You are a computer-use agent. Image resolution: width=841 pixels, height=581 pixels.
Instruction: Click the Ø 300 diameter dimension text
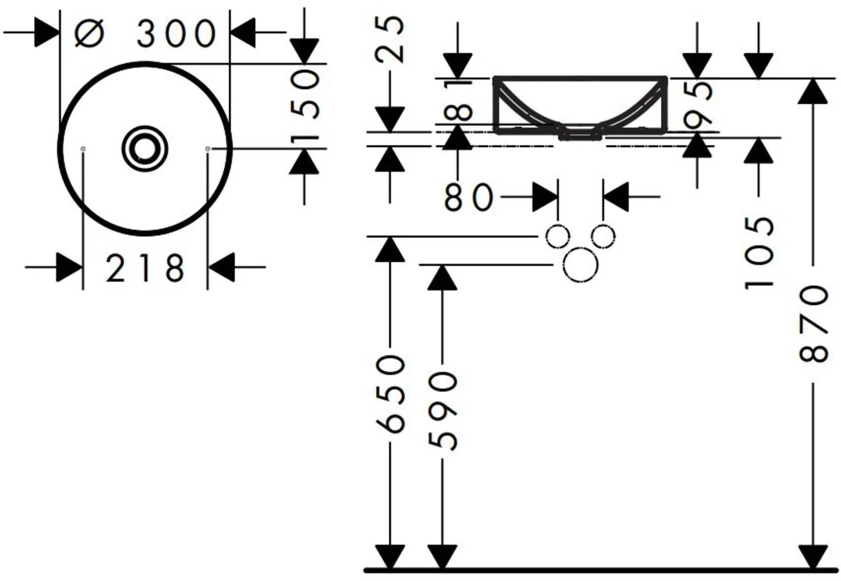[x=145, y=34]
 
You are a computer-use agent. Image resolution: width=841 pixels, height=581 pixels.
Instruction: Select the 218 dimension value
[x=145, y=268]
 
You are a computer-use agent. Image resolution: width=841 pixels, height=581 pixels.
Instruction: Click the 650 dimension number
[x=391, y=394]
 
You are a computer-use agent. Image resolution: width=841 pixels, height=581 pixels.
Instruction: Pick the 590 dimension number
[x=443, y=411]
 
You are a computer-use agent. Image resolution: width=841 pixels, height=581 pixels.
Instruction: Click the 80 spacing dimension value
[x=468, y=197]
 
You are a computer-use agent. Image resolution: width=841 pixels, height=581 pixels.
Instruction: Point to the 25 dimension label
[x=390, y=39]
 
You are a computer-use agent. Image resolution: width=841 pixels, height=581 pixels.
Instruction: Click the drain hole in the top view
[x=145, y=148]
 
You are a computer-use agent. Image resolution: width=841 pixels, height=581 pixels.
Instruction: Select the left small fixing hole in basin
[x=83, y=149]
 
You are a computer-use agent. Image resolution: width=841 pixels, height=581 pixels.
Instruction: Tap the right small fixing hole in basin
[x=207, y=149]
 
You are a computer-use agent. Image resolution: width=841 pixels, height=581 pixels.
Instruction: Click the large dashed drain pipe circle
[x=581, y=265]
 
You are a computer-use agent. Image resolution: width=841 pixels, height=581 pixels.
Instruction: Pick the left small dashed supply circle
[x=558, y=236]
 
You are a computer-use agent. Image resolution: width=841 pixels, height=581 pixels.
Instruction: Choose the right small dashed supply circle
[x=603, y=236]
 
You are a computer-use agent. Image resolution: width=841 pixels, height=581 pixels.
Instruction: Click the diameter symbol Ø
[x=89, y=34]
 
